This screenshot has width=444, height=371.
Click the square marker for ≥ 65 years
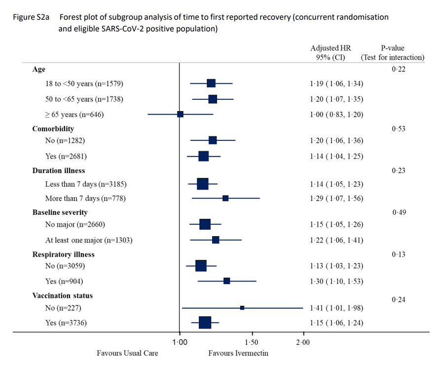pos(181,114)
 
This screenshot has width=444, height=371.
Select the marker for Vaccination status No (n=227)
pos(242,308)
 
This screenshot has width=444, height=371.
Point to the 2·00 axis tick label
pos(303,342)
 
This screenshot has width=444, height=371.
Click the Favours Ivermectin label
pos(238,354)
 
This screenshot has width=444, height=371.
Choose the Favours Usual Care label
pos(127,354)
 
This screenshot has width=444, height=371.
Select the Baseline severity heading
pos(60,212)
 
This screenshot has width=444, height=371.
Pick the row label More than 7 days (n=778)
pos(81,198)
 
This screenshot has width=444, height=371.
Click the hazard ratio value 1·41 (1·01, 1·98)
pos(333,308)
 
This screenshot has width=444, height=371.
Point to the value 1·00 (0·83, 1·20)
pos(333,114)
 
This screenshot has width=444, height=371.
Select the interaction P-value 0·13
pos(399,254)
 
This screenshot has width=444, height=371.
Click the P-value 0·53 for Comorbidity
pos(399,129)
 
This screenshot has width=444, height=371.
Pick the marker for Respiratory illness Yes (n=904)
pos(227,281)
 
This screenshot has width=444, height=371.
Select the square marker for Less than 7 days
pos(203,184)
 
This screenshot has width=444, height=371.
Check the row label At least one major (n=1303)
pos(89,240)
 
